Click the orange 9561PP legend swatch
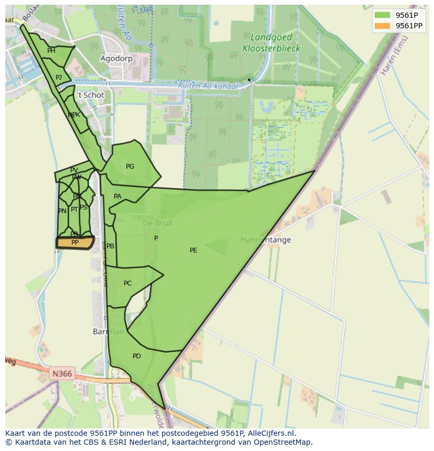383,26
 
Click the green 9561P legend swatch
383,15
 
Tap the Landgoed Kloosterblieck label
271,43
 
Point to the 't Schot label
91,95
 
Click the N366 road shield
62,374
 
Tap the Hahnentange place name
266,240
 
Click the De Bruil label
157,223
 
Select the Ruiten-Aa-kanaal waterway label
208,86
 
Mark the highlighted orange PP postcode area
75,243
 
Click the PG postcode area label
130,167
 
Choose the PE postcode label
193,250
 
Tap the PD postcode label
137,356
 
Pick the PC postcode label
128,283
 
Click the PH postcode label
51,51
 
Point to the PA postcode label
117,196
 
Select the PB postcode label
111,246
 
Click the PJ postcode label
59,78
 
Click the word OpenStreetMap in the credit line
278,442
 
